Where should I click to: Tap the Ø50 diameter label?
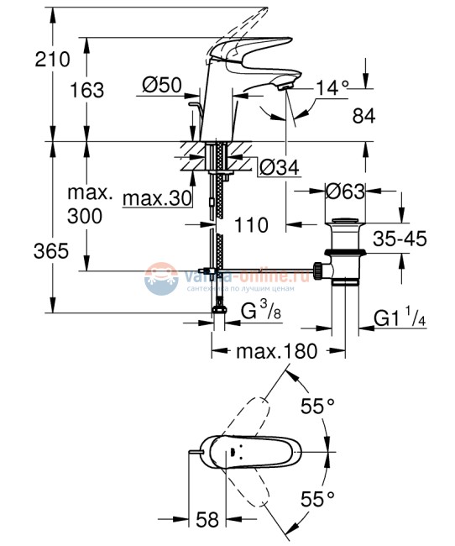click(x=162, y=84)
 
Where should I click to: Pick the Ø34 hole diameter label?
click(x=279, y=167)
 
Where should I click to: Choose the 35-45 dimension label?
click(x=399, y=239)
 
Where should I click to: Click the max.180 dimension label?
click(x=276, y=351)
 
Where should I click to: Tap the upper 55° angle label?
click(x=318, y=407)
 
